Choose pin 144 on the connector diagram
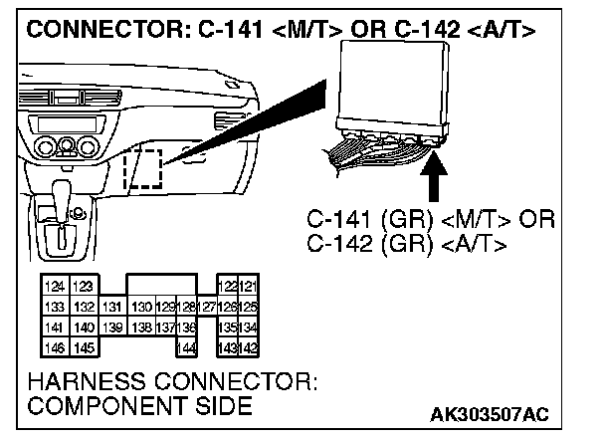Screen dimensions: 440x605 tap(185, 346)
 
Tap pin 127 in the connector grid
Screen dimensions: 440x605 tap(206, 308)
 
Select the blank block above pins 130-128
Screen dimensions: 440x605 tap(161, 287)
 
